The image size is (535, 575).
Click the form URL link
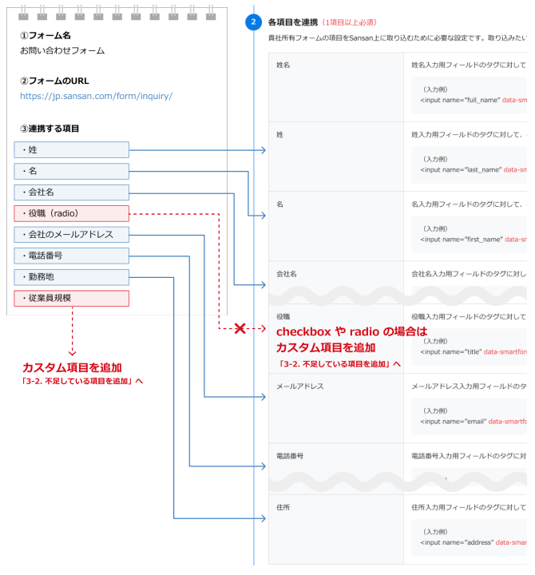[97, 96]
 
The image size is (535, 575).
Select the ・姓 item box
[71, 149]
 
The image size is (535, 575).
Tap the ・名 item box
[71, 171]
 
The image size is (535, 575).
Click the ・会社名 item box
[71, 192]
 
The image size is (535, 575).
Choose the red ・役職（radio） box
[71, 213]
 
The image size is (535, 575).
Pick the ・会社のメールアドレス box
[71, 235]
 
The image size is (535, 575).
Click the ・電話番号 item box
[71, 256]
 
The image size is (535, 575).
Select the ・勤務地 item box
[71, 277]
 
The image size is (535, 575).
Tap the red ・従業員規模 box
[71, 299]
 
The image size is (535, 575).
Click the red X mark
[239, 328]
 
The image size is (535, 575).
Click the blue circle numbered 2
[253, 22]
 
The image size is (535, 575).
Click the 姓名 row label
[283, 65]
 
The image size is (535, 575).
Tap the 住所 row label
[283, 506]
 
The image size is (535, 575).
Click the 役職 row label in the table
[283, 316]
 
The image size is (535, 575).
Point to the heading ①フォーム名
[46, 36]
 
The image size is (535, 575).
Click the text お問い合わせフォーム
[62, 50]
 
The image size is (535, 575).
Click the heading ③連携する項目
[50, 129]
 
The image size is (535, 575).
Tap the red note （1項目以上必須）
[349, 22]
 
